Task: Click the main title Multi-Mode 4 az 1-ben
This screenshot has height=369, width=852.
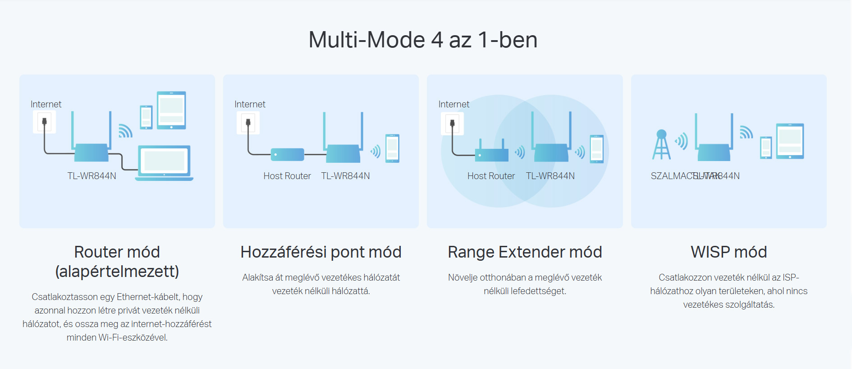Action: click(x=423, y=40)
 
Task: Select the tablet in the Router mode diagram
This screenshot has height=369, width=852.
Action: click(x=171, y=110)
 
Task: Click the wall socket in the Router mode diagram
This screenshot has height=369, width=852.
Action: click(x=44, y=122)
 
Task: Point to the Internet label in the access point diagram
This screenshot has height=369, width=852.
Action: click(x=250, y=104)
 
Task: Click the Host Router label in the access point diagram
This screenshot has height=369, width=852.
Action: click(x=287, y=176)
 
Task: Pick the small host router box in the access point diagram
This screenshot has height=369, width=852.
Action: click(x=287, y=155)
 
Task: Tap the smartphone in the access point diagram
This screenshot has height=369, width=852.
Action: click(x=392, y=148)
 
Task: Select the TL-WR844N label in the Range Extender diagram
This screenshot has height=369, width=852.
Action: click(x=550, y=176)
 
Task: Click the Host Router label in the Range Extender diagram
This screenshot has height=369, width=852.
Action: click(x=491, y=176)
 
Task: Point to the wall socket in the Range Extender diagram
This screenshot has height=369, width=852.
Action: click(x=452, y=124)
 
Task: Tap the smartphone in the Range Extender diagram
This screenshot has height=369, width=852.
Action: click(x=596, y=149)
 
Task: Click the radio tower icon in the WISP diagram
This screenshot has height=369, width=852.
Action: click(x=661, y=145)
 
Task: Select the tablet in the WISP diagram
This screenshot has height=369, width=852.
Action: click(x=790, y=141)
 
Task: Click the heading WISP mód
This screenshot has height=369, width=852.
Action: click(x=728, y=252)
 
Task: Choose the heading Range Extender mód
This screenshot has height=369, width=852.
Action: click(x=525, y=252)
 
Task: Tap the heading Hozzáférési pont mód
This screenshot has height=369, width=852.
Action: click(x=321, y=252)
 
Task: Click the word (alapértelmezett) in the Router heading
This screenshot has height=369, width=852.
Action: click(x=117, y=272)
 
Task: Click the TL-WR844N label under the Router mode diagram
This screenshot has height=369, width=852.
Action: click(x=92, y=176)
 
